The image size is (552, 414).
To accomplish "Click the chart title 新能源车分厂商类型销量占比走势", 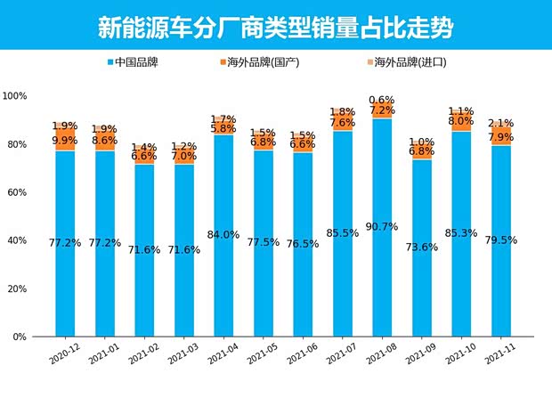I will point(275,27).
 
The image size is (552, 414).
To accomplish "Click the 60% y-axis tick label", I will point(17,192).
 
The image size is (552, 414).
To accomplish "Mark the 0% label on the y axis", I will point(20,337).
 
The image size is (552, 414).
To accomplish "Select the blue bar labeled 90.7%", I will point(382,267).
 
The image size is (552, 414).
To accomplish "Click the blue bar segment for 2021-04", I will point(223,267).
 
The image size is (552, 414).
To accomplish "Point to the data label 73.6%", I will point(422,248).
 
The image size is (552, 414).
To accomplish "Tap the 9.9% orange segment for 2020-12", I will point(65,141).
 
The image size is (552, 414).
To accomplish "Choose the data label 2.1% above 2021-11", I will point(501,124).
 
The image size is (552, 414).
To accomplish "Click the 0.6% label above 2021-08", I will point(382,100).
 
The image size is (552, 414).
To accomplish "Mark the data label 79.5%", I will point(501,240).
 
